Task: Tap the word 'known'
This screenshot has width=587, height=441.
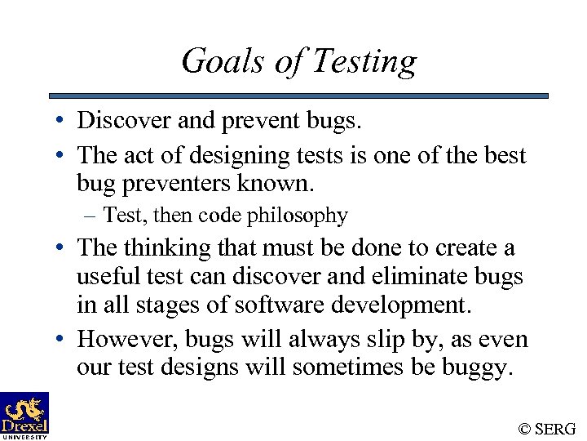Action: (281, 183)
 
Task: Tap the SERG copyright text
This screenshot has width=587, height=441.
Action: (547, 428)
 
